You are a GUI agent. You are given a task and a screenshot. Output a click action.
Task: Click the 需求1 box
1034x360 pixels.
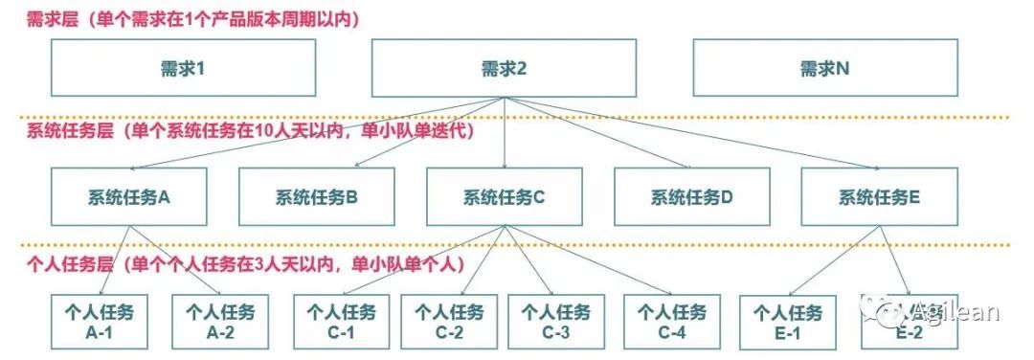click(183, 68)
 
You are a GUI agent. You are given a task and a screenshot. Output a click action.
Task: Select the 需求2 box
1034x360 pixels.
click(504, 68)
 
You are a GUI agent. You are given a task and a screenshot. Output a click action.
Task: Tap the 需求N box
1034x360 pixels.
click(824, 68)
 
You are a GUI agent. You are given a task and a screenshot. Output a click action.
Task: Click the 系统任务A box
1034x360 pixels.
click(128, 196)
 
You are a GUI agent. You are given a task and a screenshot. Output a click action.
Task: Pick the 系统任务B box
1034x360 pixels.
click(317, 196)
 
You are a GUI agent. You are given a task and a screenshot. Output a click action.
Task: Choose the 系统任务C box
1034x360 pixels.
click(505, 196)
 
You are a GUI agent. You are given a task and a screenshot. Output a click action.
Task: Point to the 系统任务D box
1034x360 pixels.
click(692, 196)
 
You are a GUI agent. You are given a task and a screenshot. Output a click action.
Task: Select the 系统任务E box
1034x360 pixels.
click(879, 196)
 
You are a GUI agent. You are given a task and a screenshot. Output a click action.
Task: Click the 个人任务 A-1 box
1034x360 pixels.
click(99, 322)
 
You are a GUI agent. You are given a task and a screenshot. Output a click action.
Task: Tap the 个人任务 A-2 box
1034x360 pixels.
click(220, 322)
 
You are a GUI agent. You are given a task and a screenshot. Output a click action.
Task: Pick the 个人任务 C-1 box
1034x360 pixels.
click(341, 322)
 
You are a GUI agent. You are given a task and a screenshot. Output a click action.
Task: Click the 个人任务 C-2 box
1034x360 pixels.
click(449, 322)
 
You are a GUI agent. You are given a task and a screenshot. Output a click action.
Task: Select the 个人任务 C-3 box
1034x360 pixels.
click(556, 322)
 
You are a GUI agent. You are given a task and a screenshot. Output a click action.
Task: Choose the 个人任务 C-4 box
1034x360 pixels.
click(672, 322)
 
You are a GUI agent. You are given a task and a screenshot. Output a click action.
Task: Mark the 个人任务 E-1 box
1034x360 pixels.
click(788, 322)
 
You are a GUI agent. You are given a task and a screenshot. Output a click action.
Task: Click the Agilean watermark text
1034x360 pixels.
click(955, 312)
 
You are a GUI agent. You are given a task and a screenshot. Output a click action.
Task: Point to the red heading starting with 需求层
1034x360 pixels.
click(193, 20)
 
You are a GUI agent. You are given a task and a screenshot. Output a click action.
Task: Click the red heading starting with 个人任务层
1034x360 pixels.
click(245, 265)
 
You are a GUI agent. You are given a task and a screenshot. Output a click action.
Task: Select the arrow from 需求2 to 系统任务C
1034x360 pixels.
click(505, 132)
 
